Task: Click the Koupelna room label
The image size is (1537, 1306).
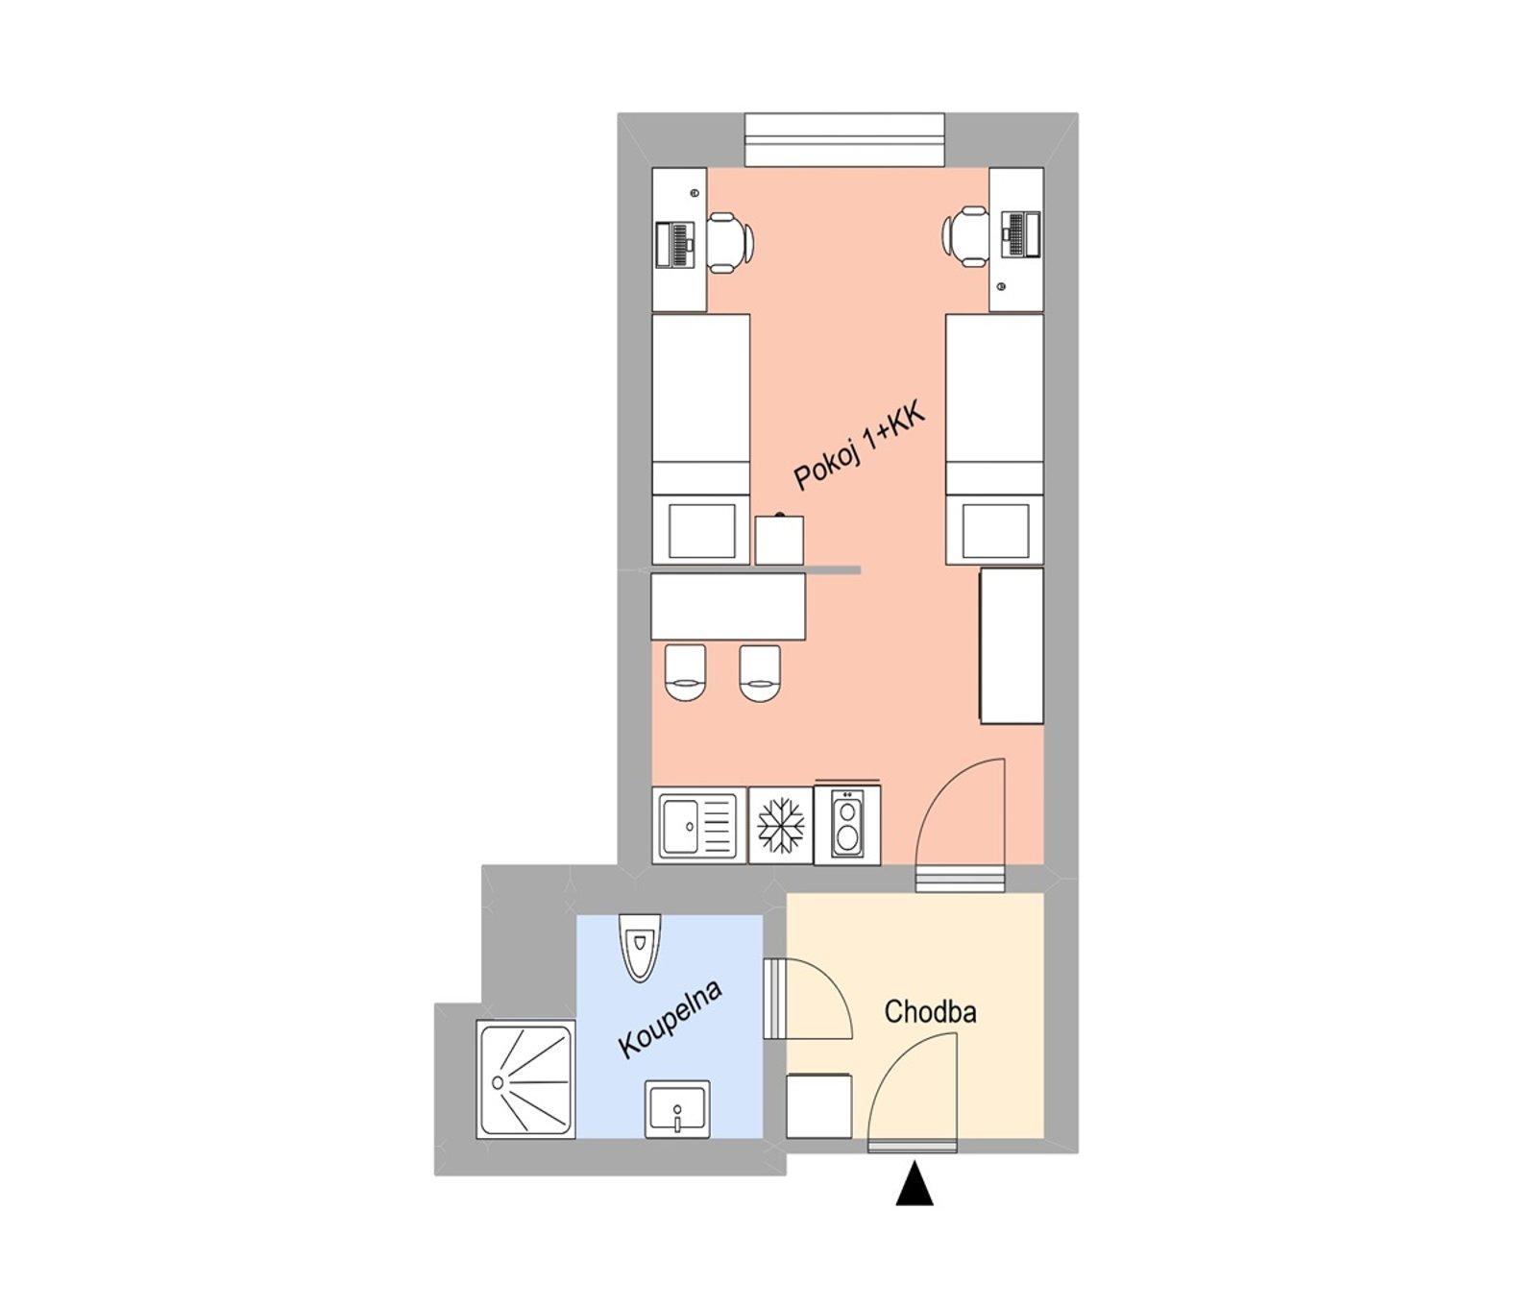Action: pos(670,1019)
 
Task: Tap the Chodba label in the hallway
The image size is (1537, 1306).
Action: pos(930,1012)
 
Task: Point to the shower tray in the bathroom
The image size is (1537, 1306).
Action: pos(525,1080)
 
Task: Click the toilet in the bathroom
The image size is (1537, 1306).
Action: pos(640,945)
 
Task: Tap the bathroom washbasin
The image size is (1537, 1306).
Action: pos(677,1109)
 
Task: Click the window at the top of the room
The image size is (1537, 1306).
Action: pos(844,140)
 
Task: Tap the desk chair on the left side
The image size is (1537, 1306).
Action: pos(729,239)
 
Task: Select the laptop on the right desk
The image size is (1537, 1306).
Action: pos(1020,233)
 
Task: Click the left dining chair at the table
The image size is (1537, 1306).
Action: pos(685,672)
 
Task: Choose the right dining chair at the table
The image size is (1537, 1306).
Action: pos(760,672)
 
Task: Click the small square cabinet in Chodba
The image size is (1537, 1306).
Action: pos(818,1106)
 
